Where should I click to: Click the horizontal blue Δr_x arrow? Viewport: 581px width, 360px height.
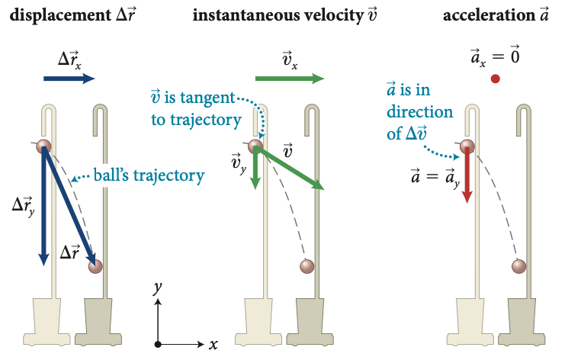pos(69,78)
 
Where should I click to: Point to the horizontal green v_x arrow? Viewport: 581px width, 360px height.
pos(289,79)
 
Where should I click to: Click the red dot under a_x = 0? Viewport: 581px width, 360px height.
pos(496,78)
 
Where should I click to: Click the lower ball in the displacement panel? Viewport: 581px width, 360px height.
pos(95,266)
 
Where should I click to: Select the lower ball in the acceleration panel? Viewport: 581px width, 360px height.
pos(519,266)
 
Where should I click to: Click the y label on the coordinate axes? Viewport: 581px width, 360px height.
pos(157,288)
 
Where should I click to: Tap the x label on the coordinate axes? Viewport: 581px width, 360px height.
pos(213,344)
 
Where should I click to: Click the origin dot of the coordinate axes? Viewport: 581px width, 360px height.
pos(157,344)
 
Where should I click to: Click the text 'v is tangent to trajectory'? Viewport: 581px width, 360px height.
pos(196,108)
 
